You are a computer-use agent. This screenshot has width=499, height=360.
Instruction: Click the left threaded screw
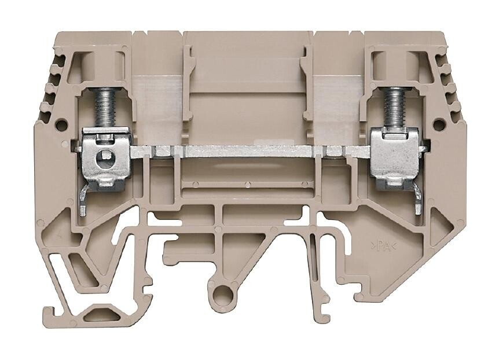click(108, 104)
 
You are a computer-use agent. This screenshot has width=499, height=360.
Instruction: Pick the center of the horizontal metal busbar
click(250, 151)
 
